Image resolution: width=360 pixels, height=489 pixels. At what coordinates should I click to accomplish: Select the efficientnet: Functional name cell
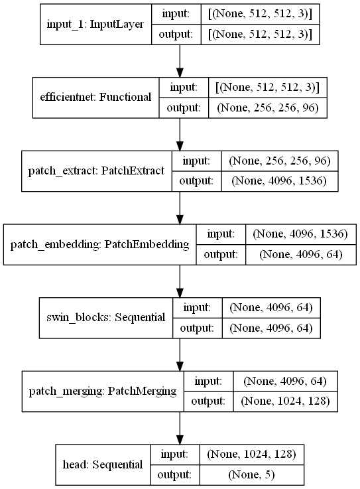point(96,97)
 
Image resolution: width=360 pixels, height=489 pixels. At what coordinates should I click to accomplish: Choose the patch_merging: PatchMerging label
point(103,392)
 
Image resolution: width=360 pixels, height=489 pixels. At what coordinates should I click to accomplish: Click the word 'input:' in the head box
point(174,454)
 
